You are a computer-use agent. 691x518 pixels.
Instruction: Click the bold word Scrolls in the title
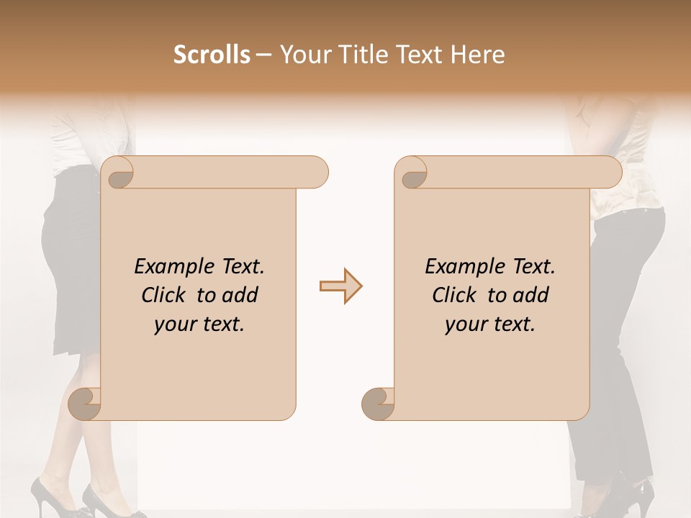click(212, 55)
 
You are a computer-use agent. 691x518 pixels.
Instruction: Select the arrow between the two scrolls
click(340, 286)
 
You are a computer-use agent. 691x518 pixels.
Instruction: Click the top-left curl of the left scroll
click(118, 173)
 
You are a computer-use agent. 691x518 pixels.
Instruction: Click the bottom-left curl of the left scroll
click(85, 404)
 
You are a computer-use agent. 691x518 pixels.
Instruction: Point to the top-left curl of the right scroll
click(412, 173)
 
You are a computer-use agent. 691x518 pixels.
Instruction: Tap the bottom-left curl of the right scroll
click(378, 404)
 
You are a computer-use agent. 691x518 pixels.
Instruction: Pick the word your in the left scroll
click(173, 325)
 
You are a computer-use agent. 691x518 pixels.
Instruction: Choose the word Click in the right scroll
click(449, 296)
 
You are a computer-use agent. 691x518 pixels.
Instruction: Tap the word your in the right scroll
click(464, 325)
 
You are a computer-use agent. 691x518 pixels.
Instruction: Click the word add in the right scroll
click(531, 296)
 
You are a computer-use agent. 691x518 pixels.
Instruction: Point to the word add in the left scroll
click(240, 296)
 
